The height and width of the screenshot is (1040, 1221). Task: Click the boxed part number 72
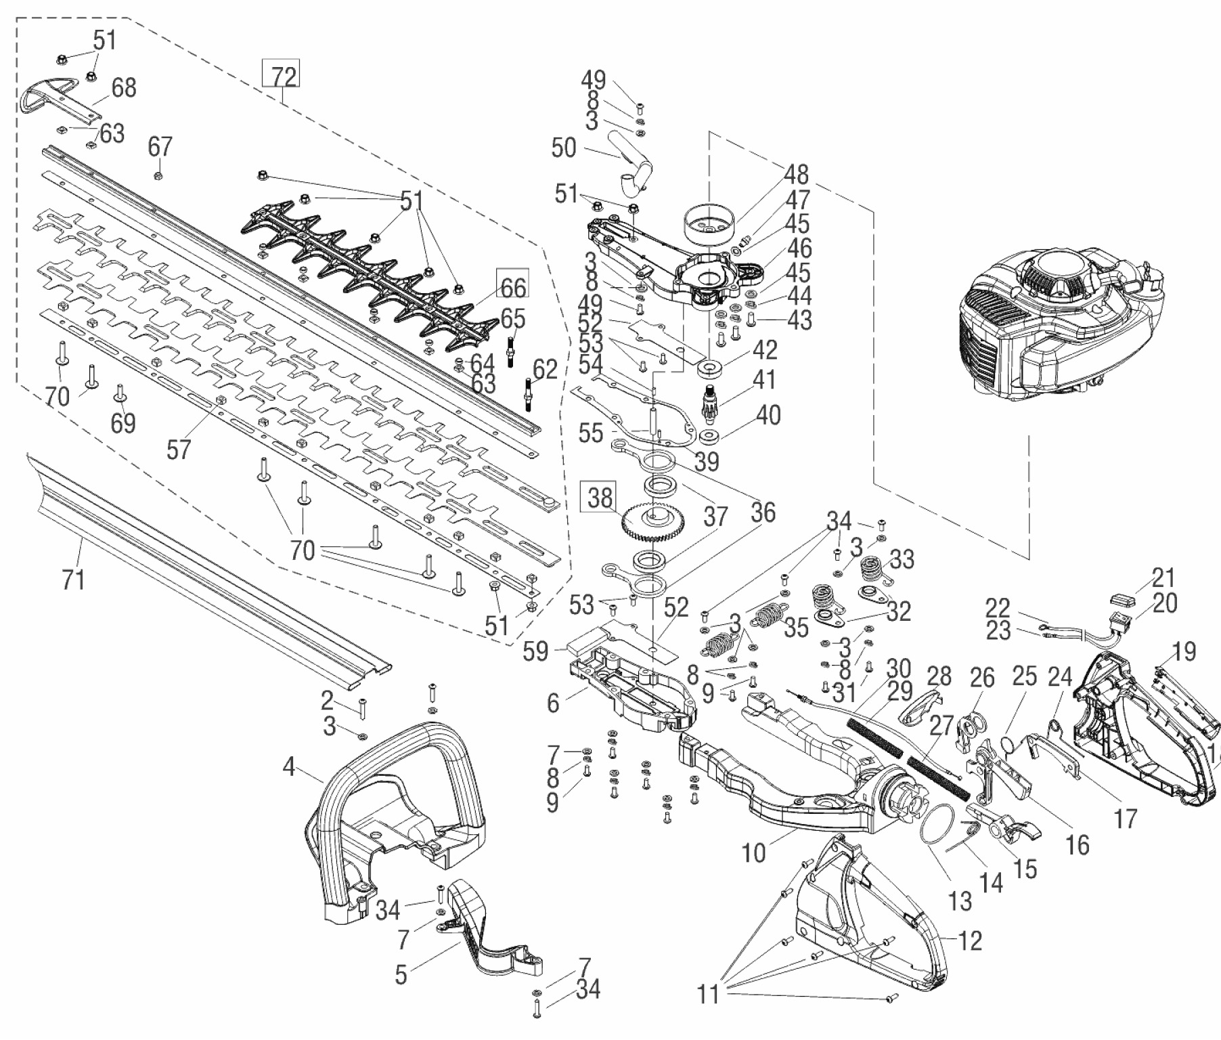[281, 77]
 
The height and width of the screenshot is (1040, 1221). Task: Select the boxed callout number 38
[600, 498]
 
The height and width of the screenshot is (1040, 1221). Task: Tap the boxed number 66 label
[512, 286]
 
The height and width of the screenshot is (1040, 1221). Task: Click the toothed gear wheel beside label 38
[653, 522]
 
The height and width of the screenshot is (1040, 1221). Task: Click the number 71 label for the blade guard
[73, 580]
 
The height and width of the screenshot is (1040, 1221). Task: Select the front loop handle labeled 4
[393, 799]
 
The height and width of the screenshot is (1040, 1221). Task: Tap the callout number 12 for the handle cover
[970, 940]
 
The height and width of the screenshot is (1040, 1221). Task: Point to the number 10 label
[753, 853]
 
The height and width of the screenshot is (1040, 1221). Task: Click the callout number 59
[536, 651]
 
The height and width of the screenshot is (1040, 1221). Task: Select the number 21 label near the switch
[1163, 578]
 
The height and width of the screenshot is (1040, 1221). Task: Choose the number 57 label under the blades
[179, 449]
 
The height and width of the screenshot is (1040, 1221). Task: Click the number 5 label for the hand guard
[401, 975]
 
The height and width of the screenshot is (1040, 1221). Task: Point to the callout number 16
[1077, 844]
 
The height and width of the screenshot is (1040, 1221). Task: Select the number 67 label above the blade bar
[160, 146]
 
